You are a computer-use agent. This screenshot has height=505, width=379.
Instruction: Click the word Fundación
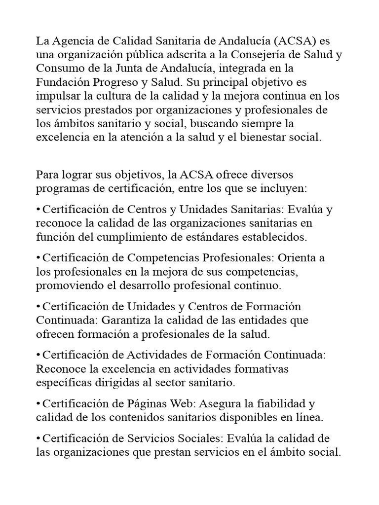pyautogui.click(x=62, y=81)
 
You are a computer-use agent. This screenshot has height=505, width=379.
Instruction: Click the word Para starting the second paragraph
pyautogui.click(x=47, y=175)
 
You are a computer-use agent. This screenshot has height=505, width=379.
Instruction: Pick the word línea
pyautogui.click(x=306, y=418)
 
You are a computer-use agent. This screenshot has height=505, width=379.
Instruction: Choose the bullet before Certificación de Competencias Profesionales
pyautogui.click(x=38, y=258)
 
